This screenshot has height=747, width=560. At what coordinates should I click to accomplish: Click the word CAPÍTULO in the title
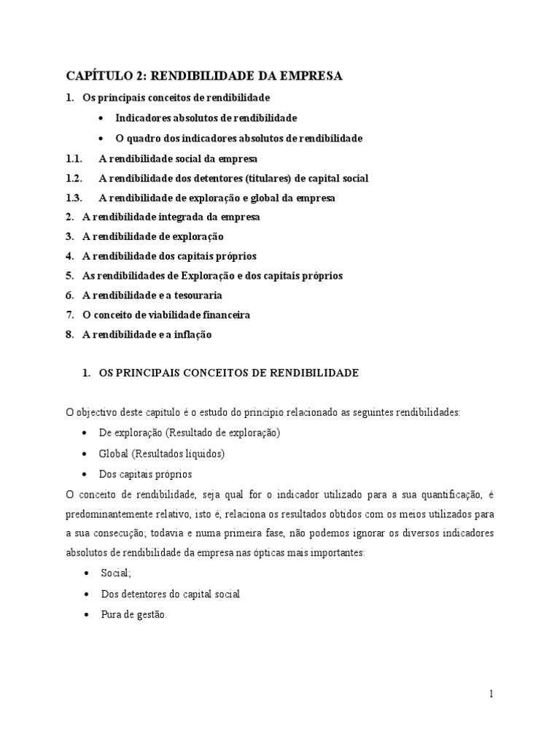pos(96,76)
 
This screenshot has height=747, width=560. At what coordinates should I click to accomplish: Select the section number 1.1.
pos(74,158)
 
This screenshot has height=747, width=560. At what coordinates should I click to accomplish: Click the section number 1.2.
pos(74,178)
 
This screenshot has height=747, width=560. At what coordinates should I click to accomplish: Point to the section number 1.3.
pos(74,198)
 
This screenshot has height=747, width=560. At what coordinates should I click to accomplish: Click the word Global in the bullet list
pos(114,453)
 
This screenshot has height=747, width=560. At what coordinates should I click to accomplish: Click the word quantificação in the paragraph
pos(430,494)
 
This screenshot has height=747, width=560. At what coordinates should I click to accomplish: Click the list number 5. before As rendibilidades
pos(70,276)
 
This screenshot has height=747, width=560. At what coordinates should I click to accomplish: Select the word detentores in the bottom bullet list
pos(149,595)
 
